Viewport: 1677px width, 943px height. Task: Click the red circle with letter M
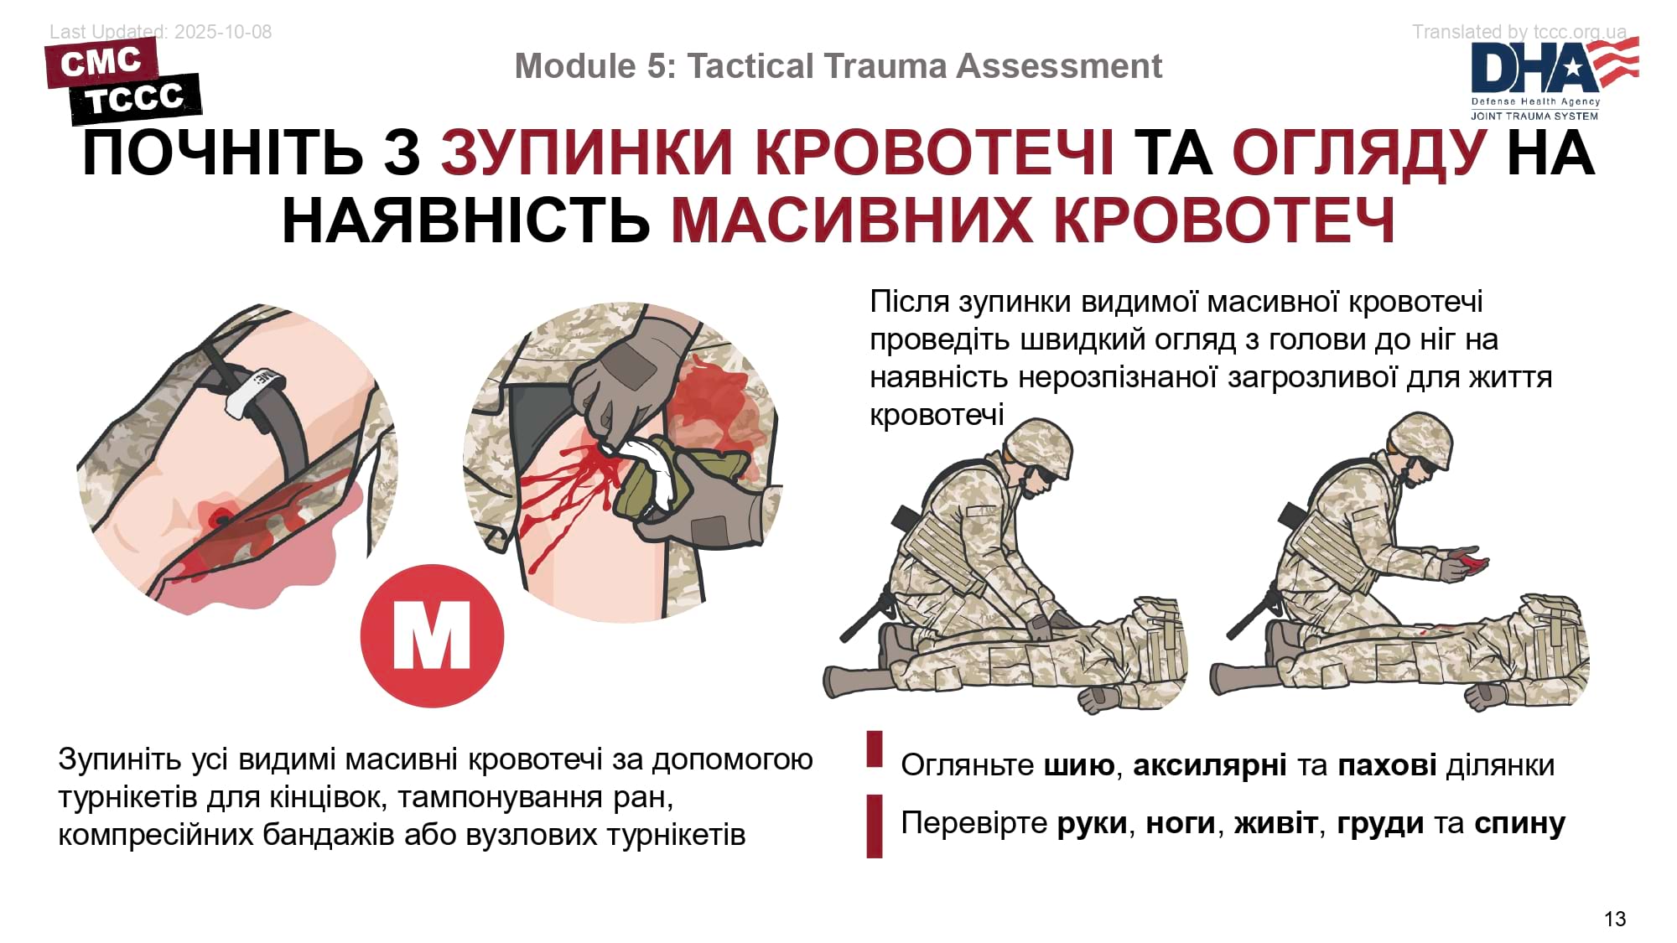pyautogui.click(x=432, y=635)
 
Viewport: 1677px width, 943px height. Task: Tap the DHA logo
pyautogui.click(x=1555, y=79)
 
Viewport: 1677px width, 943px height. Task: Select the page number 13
pyautogui.click(x=1615, y=919)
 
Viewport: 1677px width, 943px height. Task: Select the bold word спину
pyautogui.click(x=1519, y=823)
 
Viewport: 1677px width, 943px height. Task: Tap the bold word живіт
pyautogui.click(x=1275, y=823)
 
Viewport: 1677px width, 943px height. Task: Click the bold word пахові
pyautogui.click(x=1387, y=764)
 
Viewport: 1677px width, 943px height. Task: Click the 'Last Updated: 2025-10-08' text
pyautogui.click(x=161, y=32)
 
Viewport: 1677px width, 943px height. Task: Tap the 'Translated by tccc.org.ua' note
pyautogui.click(x=1519, y=32)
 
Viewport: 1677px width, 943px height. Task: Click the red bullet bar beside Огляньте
pyautogui.click(x=875, y=749)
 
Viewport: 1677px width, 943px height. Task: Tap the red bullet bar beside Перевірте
pyautogui.click(x=875, y=826)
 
